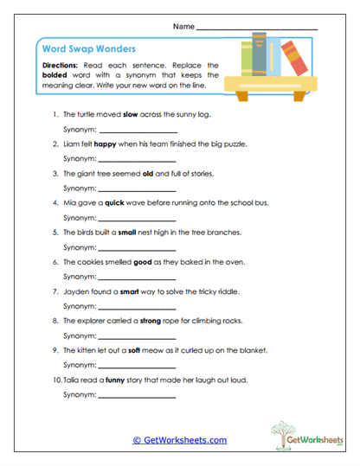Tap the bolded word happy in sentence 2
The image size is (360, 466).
(x=106, y=144)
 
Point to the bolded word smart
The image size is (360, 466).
(x=131, y=292)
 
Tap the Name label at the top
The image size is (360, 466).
(x=183, y=28)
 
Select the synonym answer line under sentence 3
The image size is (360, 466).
(x=138, y=190)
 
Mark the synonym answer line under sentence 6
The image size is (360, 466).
(x=138, y=279)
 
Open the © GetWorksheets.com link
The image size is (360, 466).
(x=179, y=440)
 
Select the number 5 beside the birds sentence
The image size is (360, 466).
(x=55, y=233)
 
